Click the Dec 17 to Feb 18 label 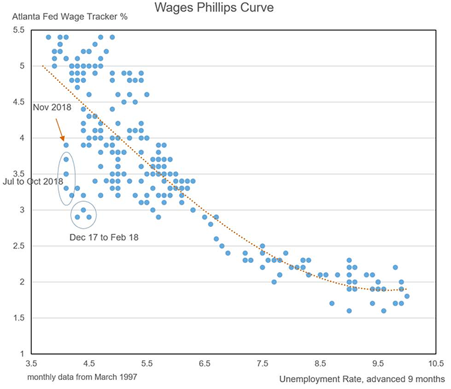104,237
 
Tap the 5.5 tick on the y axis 19,30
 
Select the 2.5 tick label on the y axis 19,246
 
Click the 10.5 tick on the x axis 435,364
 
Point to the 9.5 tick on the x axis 378,364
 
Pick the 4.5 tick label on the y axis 19,102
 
